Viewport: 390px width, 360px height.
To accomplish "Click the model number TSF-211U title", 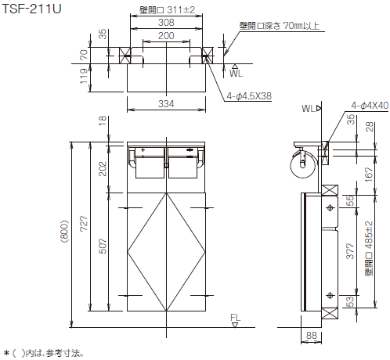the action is point(31,9).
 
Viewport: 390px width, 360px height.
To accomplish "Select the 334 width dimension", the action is point(166,104).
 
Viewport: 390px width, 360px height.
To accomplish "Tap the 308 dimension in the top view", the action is point(166,23).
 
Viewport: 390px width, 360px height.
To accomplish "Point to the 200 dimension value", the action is point(166,35).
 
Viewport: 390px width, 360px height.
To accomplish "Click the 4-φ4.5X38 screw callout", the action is point(249,96).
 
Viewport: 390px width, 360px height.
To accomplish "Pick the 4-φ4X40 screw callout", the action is point(370,106).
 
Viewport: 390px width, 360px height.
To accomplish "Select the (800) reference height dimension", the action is point(64,232).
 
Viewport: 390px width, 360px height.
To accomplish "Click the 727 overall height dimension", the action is point(84,224).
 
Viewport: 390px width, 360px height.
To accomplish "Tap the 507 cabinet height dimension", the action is point(103,246).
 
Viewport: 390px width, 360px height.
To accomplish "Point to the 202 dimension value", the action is point(103,169).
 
